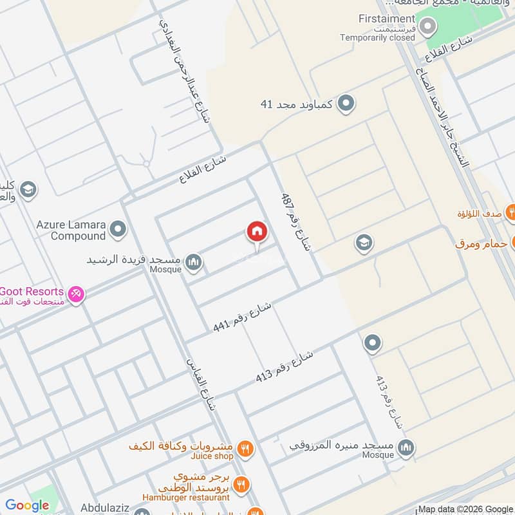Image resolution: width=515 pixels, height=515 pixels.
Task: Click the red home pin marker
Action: click(256, 232)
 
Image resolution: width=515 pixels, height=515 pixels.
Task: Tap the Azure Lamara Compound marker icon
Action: click(118, 229)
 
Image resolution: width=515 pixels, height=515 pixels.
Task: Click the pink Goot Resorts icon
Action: click(76, 294)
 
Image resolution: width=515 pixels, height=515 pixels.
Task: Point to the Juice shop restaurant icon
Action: click(245, 448)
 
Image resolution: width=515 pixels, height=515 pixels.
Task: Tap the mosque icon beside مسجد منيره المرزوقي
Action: click(406, 447)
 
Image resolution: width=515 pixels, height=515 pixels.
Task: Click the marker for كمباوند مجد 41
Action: click(346, 103)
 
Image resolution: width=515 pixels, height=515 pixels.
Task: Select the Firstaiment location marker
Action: click(427, 27)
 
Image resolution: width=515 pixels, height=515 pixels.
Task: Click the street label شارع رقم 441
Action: click(243, 317)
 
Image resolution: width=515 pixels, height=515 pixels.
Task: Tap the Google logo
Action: click(27, 506)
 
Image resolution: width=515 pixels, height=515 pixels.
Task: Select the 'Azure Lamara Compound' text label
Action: click(70, 230)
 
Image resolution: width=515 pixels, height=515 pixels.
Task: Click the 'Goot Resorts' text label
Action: click(31, 291)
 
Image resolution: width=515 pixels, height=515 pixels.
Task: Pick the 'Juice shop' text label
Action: click(211, 456)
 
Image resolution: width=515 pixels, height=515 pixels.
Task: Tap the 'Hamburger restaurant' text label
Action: click(187, 497)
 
